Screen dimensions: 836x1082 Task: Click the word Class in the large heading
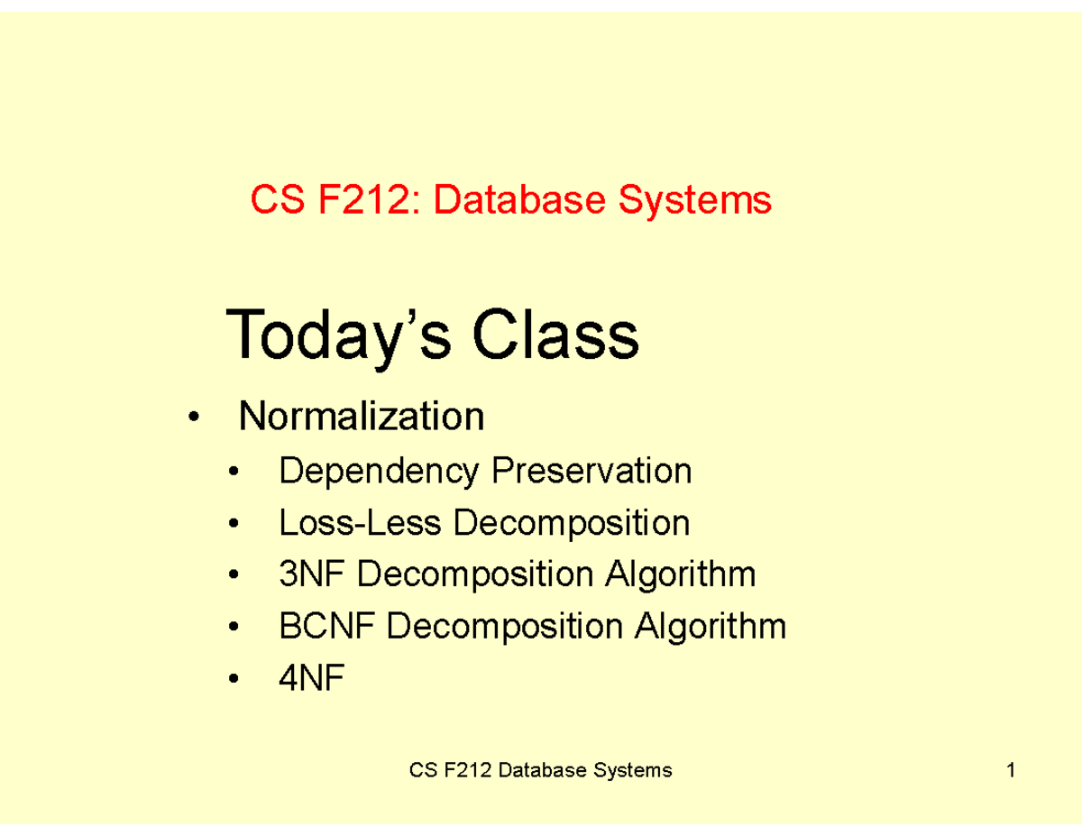point(555,335)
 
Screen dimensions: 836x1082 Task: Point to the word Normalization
point(361,417)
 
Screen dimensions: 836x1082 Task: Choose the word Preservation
point(591,471)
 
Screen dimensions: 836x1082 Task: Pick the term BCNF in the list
point(326,626)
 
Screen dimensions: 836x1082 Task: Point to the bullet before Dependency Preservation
point(234,473)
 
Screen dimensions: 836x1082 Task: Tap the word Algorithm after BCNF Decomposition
point(711,626)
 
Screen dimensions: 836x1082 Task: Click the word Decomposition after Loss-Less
point(571,522)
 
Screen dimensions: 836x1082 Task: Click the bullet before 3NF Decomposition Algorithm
point(234,575)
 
